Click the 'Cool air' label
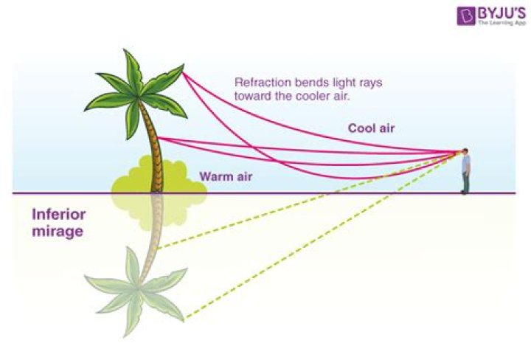(x=372, y=128)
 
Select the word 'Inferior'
(x=59, y=215)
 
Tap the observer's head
(x=465, y=153)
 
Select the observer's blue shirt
(x=465, y=165)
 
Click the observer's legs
(x=465, y=184)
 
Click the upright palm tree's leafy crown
(x=136, y=92)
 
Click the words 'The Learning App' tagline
(x=502, y=23)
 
